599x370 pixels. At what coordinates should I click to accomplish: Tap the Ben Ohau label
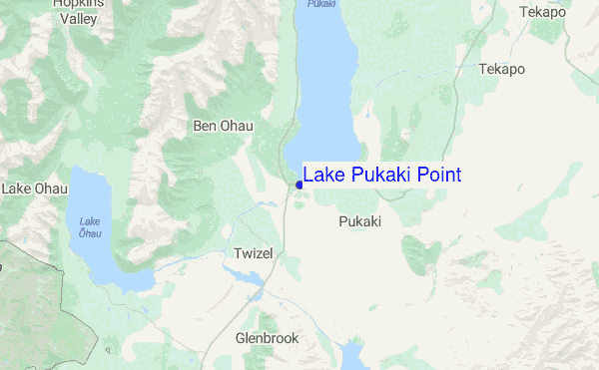coord(224,126)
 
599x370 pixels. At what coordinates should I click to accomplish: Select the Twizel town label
coord(253,254)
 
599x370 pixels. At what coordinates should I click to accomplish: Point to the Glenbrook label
coord(267,338)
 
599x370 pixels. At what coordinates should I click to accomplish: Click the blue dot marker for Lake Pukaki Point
coord(299,185)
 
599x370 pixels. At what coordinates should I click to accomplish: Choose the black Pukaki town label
coord(360,221)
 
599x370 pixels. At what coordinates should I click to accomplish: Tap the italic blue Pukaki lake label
coord(321,4)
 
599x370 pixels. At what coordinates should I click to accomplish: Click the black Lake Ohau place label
coord(35,187)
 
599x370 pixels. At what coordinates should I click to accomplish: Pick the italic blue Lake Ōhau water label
coord(90,226)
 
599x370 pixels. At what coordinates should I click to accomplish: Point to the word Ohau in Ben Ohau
coord(237,126)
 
